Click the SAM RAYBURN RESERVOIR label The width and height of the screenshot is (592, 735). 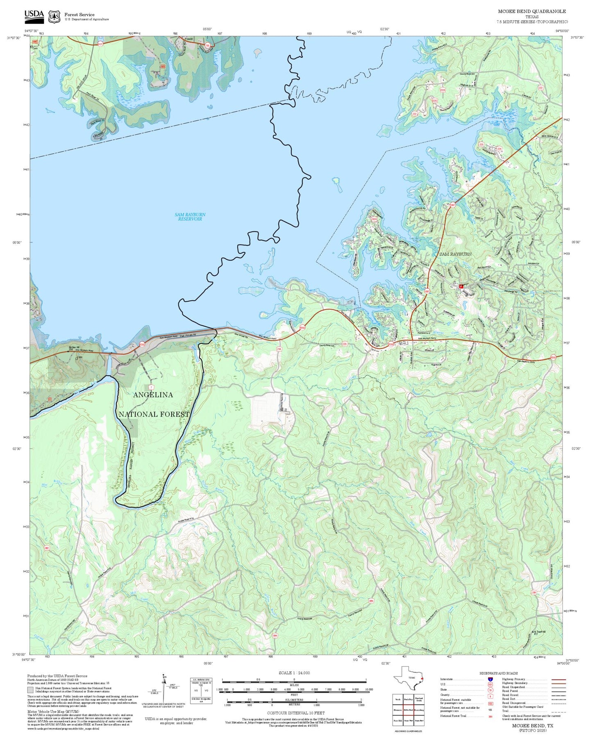(x=190, y=217)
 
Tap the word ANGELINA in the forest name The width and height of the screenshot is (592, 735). (x=153, y=395)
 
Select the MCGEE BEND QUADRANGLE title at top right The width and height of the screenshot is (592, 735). (x=532, y=11)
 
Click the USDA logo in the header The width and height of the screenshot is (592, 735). (x=34, y=16)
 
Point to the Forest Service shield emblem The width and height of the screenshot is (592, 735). (x=54, y=16)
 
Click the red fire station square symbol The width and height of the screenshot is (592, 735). (x=461, y=286)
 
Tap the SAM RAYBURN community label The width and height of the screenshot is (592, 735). (x=455, y=254)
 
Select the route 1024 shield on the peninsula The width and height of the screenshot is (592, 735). (x=373, y=220)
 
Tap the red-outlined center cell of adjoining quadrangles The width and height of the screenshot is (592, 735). (x=408, y=710)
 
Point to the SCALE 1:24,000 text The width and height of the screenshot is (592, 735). (x=294, y=673)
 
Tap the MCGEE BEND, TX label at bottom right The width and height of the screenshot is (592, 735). (x=533, y=725)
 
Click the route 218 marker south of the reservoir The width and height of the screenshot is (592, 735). (x=279, y=349)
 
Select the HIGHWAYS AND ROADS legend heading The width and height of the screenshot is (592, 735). (x=499, y=673)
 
